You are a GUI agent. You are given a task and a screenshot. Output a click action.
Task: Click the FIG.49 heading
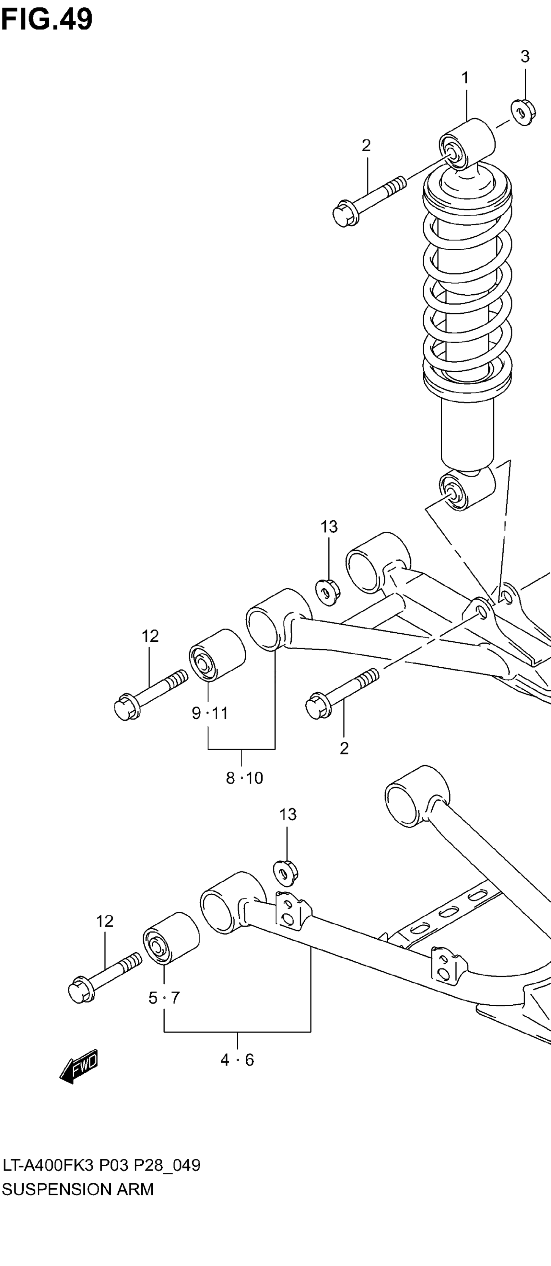(x=47, y=20)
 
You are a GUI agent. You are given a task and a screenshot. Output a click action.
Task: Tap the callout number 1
(x=464, y=78)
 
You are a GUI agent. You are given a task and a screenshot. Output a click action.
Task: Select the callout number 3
(x=525, y=57)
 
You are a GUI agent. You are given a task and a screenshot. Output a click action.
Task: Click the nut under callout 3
(x=522, y=113)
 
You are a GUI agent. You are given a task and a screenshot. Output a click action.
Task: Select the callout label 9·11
(x=210, y=713)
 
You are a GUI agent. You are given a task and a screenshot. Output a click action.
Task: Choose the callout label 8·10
(x=244, y=778)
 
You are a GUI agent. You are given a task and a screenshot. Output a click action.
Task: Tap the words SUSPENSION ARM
(x=78, y=1189)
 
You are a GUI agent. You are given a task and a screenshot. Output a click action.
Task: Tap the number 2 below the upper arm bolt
(x=344, y=748)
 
